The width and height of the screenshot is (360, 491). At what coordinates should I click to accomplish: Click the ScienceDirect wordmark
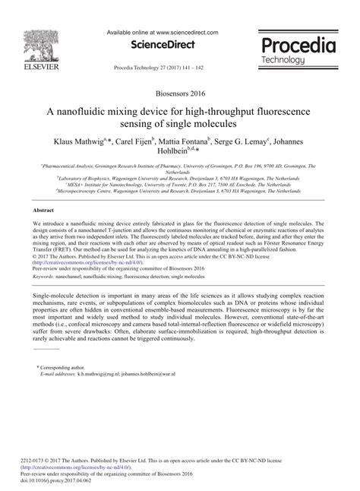coord(179,46)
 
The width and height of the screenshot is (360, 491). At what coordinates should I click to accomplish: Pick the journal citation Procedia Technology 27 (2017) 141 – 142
coord(180,67)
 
